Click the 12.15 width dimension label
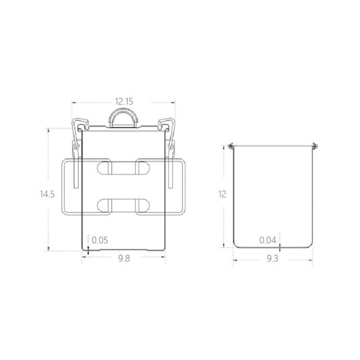124,101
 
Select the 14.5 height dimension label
47,194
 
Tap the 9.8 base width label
124,259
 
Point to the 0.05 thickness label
100,240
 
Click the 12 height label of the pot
222,194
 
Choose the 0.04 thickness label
268,240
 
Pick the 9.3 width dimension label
272,259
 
